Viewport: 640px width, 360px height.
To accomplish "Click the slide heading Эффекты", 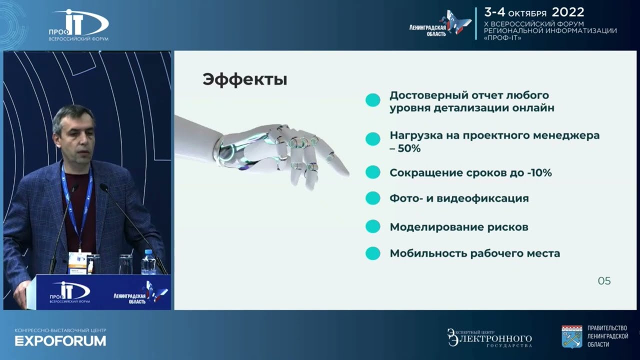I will [x=244, y=80].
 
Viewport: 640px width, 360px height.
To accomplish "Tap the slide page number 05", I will [x=604, y=281].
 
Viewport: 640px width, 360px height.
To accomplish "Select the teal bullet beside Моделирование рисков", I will [x=372, y=226].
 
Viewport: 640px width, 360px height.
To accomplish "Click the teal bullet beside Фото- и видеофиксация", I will [x=372, y=198].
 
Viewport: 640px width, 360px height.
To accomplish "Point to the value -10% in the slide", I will [x=539, y=173].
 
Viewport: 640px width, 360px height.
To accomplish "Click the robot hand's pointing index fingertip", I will [x=345, y=171].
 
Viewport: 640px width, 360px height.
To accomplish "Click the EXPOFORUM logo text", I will [x=60, y=341].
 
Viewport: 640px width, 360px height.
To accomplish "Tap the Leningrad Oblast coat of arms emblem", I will [x=571, y=336].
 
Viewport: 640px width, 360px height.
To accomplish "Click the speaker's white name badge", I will [x=77, y=260].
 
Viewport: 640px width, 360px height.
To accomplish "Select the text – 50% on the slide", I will [x=405, y=148].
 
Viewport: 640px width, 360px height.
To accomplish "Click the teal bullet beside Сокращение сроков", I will [x=372, y=172].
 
